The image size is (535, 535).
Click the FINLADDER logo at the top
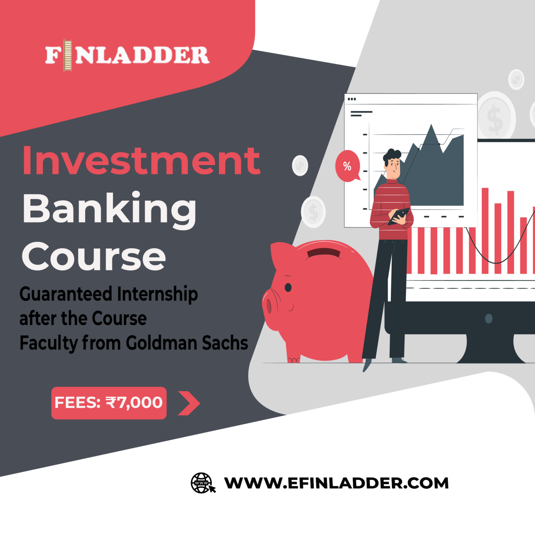point(127,55)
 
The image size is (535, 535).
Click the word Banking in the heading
point(109,209)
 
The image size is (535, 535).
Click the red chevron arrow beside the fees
point(188,403)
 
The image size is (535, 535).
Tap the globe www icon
point(202,483)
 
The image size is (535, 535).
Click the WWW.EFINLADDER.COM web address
point(336,483)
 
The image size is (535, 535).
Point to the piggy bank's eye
point(288,287)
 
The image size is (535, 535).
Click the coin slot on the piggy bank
point(324,252)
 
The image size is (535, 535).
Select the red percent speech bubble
point(347,166)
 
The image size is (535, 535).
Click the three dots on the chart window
point(352,99)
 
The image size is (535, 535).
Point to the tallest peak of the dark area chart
point(432,125)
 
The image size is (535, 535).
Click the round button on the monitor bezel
point(489,318)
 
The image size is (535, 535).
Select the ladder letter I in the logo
point(68,55)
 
